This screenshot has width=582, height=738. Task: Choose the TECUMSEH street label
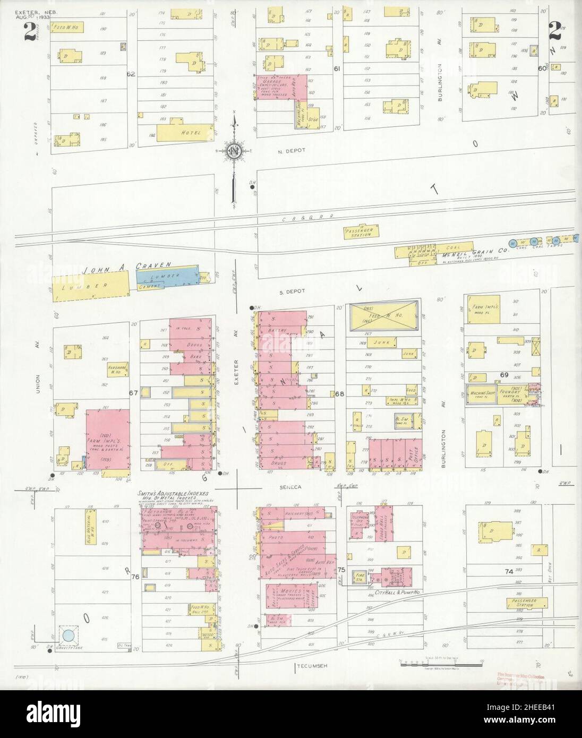point(311,666)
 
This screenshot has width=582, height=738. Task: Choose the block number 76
point(135,577)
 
